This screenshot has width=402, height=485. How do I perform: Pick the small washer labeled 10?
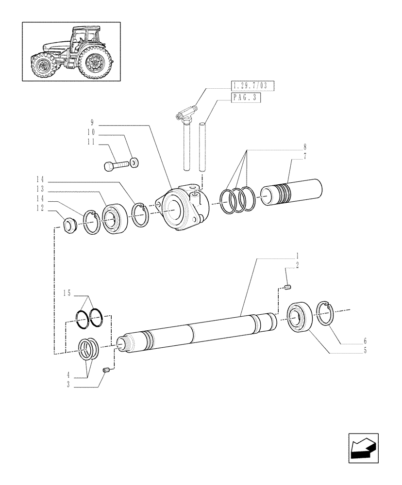134,161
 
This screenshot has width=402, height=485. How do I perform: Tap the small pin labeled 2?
287,289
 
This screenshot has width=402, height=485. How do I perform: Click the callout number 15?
67,293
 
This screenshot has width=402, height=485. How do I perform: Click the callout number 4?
68,375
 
